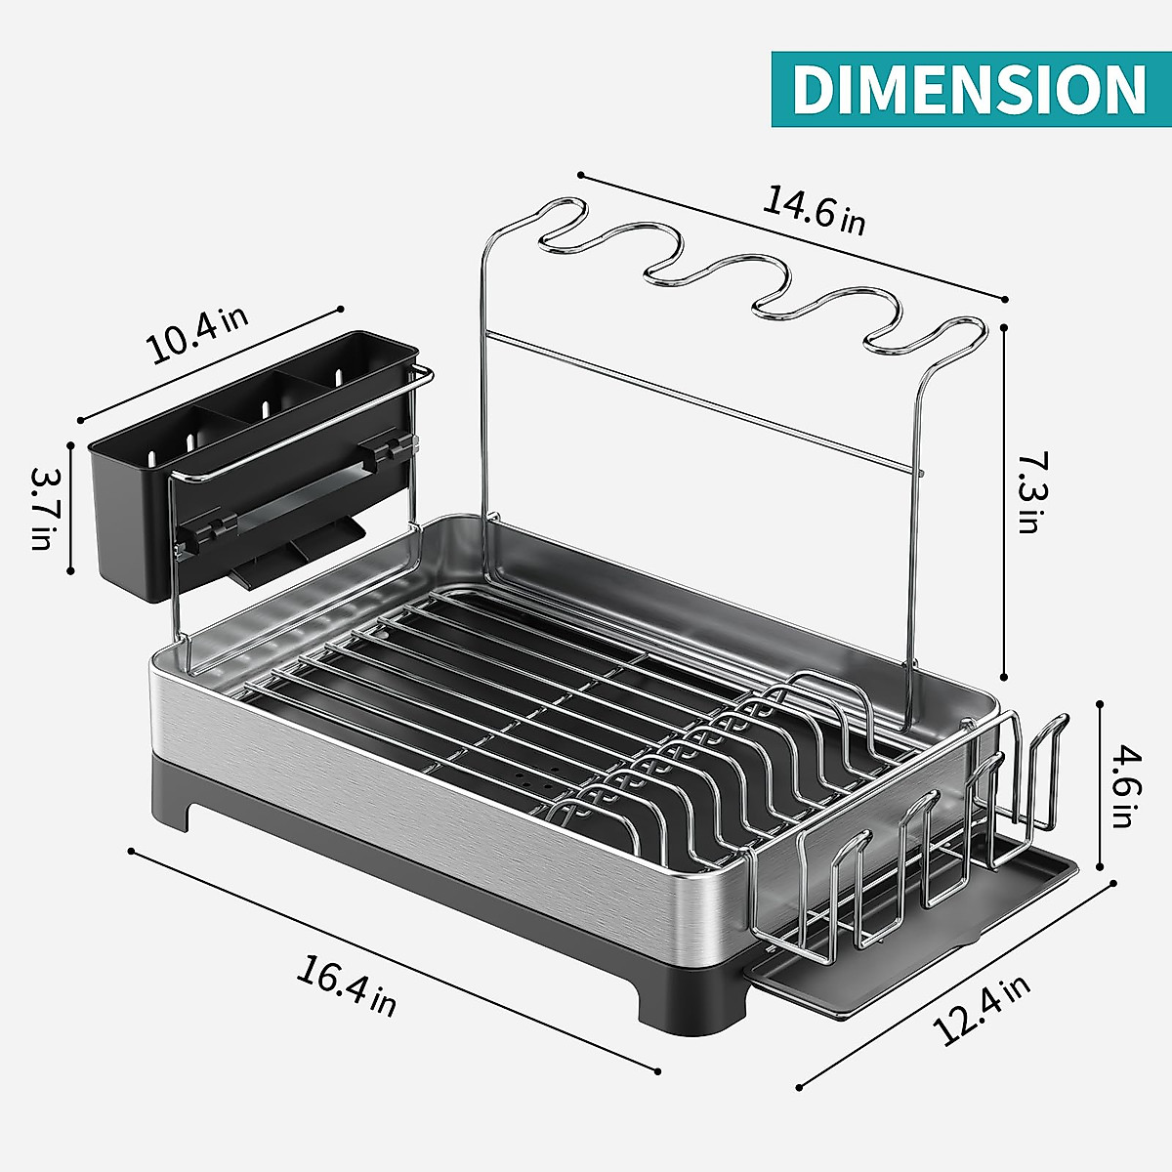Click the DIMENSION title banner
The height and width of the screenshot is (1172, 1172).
[x=971, y=89]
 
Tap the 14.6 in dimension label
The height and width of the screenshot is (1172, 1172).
[x=814, y=209]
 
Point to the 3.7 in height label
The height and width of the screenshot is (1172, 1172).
[x=42, y=508]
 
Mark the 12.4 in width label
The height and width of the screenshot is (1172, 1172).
[x=981, y=1011]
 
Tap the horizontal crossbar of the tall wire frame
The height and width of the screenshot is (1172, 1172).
[x=703, y=400]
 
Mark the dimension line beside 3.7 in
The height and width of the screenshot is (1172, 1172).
[x=70, y=508]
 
